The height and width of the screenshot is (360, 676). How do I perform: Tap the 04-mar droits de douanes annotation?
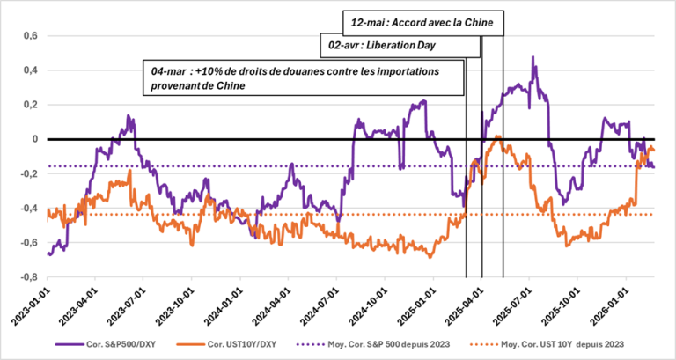304,77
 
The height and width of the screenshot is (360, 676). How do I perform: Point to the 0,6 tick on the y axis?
30,36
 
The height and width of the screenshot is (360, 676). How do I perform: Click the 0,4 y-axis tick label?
30,70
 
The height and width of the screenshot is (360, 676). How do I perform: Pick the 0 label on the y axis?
36,139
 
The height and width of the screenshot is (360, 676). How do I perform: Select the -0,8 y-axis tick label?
28,276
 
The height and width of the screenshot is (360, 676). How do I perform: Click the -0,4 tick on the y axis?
28,209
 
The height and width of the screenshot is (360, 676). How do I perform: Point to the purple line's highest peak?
533,58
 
